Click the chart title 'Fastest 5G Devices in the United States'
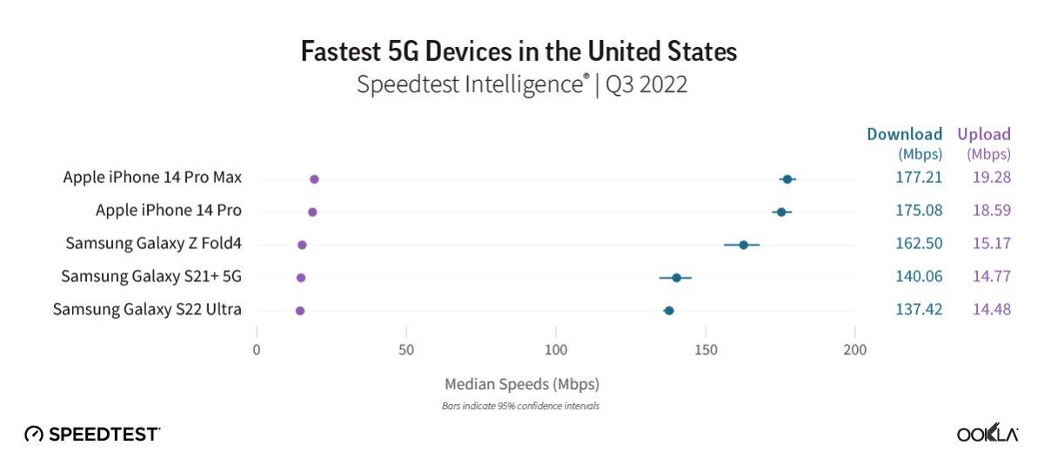(519, 51)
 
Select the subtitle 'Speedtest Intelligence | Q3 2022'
(522, 85)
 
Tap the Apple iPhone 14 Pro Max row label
(152, 178)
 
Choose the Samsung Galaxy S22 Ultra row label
(147, 309)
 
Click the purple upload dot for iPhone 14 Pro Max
(314, 179)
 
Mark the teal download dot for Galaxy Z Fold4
(743, 245)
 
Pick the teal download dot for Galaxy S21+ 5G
(676, 278)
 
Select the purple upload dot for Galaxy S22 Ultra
(300, 311)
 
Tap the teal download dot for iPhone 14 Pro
(781, 212)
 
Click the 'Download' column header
(904, 134)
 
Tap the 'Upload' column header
(984, 134)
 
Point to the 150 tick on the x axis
(706, 350)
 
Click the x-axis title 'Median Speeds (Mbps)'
(521, 383)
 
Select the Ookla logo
(987, 434)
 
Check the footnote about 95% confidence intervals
(521, 406)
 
